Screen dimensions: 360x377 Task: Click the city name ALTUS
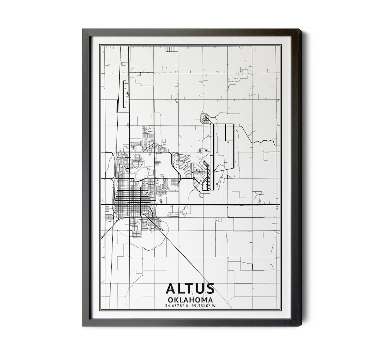click(x=190, y=288)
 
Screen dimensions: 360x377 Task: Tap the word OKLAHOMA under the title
click(x=190, y=300)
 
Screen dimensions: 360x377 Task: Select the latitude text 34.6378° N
click(x=177, y=306)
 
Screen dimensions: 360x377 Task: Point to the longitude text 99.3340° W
click(x=204, y=306)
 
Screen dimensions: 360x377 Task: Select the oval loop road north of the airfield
click(x=205, y=118)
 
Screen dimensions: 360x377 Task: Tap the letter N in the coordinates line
click(x=187, y=306)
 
